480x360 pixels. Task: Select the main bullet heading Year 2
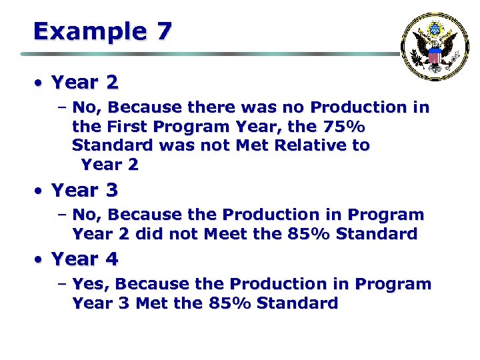pos(85,83)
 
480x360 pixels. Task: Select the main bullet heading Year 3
pos(85,190)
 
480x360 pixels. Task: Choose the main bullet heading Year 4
pos(85,259)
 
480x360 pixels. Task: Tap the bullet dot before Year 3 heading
pos(40,191)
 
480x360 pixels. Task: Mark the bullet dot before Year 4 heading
pos(40,260)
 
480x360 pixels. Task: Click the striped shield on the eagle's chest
pos(435,56)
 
